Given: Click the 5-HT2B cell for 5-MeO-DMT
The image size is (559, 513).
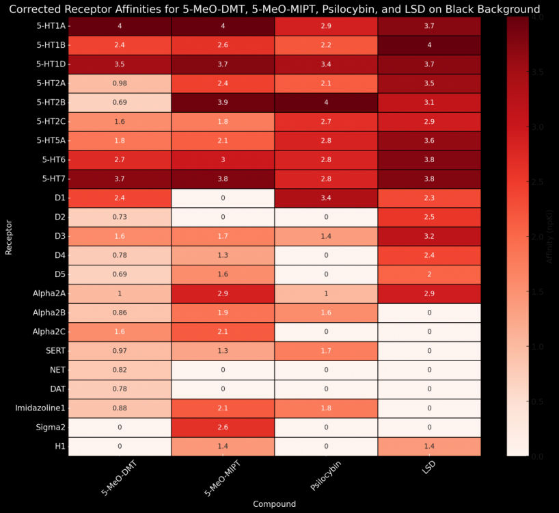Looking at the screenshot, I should [x=120, y=102].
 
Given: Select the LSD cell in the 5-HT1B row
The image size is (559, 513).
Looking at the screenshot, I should [x=428, y=45].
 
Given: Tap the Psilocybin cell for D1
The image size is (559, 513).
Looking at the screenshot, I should [x=325, y=198].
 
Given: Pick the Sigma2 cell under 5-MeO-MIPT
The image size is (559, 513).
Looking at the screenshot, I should [x=223, y=427].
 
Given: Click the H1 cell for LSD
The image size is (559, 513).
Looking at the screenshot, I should [x=428, y=446].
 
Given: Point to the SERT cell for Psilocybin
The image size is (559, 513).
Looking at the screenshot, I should [x=325, y=351].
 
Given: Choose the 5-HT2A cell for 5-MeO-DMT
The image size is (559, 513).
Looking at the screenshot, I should [x=120, y=83].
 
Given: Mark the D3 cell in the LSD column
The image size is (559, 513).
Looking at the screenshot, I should [x=428, y=236].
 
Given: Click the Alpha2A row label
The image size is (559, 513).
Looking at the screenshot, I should [x=47, y=293].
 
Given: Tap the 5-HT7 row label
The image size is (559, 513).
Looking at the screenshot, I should [x=51, y=179].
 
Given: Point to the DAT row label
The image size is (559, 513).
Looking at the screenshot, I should [x=56, y=389].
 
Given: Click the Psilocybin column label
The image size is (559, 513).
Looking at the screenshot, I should [x=326, y=476].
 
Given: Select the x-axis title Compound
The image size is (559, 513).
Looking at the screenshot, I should [x=274, y=504].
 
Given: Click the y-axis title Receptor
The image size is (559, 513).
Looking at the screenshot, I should [x=9, y=236].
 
